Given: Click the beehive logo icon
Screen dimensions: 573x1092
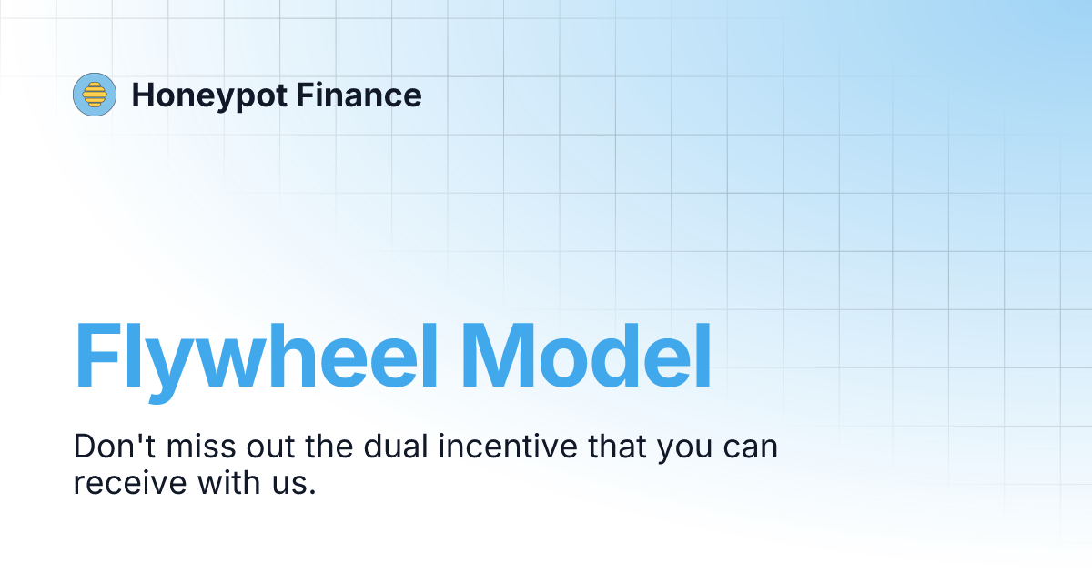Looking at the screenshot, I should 95,95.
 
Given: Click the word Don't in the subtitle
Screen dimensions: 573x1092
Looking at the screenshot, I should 113,447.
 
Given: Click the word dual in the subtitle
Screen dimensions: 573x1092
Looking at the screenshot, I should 396,447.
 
